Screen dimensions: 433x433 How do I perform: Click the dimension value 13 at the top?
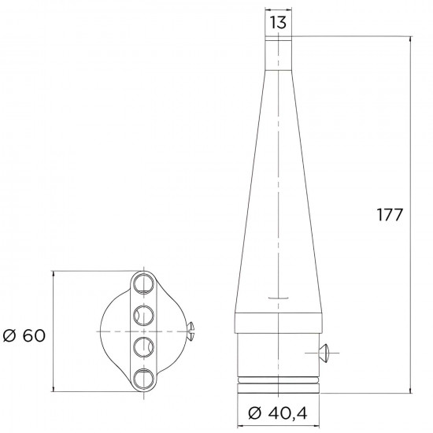coord(278,23)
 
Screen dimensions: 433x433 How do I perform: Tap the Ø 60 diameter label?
coord(24,335)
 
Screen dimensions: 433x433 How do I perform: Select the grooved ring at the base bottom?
coord(277,385)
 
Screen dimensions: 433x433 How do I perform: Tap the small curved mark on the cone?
coord(277,298)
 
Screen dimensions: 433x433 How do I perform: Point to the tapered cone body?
coord(277,197)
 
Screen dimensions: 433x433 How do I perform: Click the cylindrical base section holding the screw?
coord(277,354)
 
